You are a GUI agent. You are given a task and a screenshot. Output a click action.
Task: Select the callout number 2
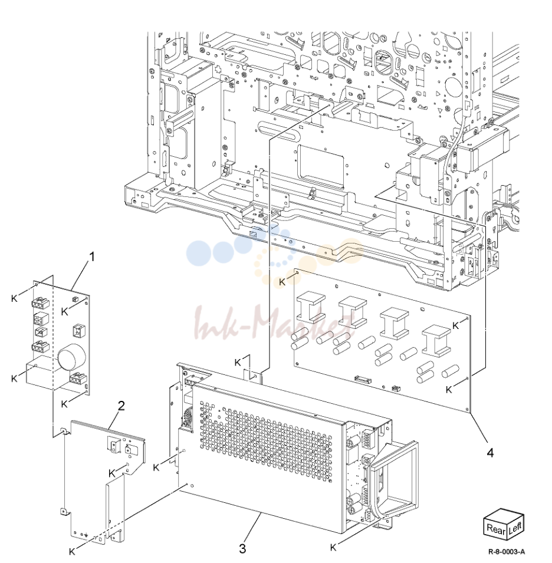(x=121, y=406)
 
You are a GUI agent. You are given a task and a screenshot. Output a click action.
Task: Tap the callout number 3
(x=243, y=548)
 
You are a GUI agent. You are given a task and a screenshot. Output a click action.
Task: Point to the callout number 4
(x=490, y=453)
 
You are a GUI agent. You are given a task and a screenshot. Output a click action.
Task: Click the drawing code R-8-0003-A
(x=507, y=552)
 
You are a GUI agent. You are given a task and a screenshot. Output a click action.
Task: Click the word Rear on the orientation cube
(x=496, y=529)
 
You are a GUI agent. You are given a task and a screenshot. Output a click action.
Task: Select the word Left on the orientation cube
(x=515, y=526)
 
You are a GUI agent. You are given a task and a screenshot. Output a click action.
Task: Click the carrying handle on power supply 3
(x=393, y=478)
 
